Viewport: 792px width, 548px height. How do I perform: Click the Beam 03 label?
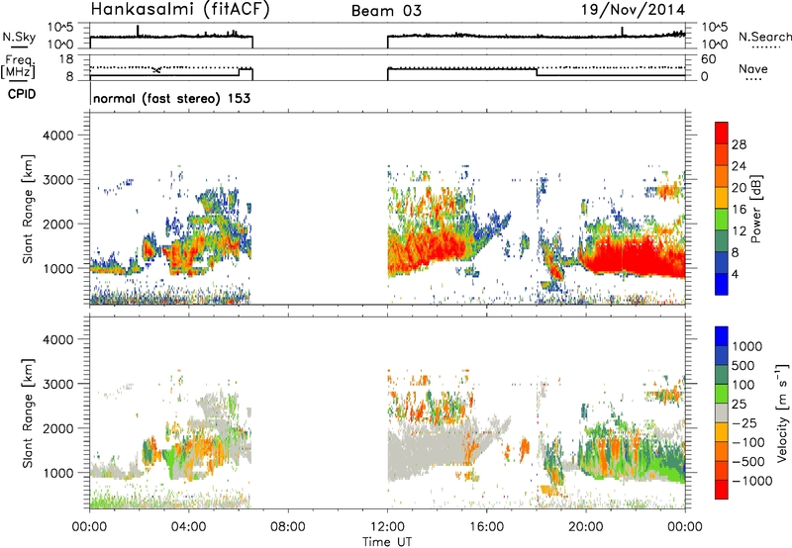coord(386,11)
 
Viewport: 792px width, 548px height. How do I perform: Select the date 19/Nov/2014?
coord(634,9)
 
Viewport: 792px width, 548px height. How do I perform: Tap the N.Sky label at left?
coord(19,37)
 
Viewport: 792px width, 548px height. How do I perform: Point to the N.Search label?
coord(764,37)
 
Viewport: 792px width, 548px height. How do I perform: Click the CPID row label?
coord(22,94)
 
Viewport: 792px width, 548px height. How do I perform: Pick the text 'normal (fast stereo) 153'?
coord(171,98)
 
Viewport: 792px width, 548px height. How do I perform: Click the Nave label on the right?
coord(753,68)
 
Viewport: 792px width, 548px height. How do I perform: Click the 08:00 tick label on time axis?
coord(288,527)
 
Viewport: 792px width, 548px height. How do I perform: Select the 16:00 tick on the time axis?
coord(486,527)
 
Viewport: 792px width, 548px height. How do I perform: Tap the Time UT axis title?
coord(387,542)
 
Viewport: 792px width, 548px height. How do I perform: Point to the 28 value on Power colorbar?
coord(739,144)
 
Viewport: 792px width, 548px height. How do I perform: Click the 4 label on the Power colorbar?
coord(735,274)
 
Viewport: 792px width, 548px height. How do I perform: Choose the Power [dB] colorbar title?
coord(756,209)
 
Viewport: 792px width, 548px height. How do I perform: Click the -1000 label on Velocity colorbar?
coord(751,481)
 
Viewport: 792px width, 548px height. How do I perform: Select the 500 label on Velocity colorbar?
coord(742,366)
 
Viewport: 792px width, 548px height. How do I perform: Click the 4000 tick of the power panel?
coord(58,136)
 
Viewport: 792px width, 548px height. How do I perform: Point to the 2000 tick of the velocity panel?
coord(58,428)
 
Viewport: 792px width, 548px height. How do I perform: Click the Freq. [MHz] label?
coord(18,67)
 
